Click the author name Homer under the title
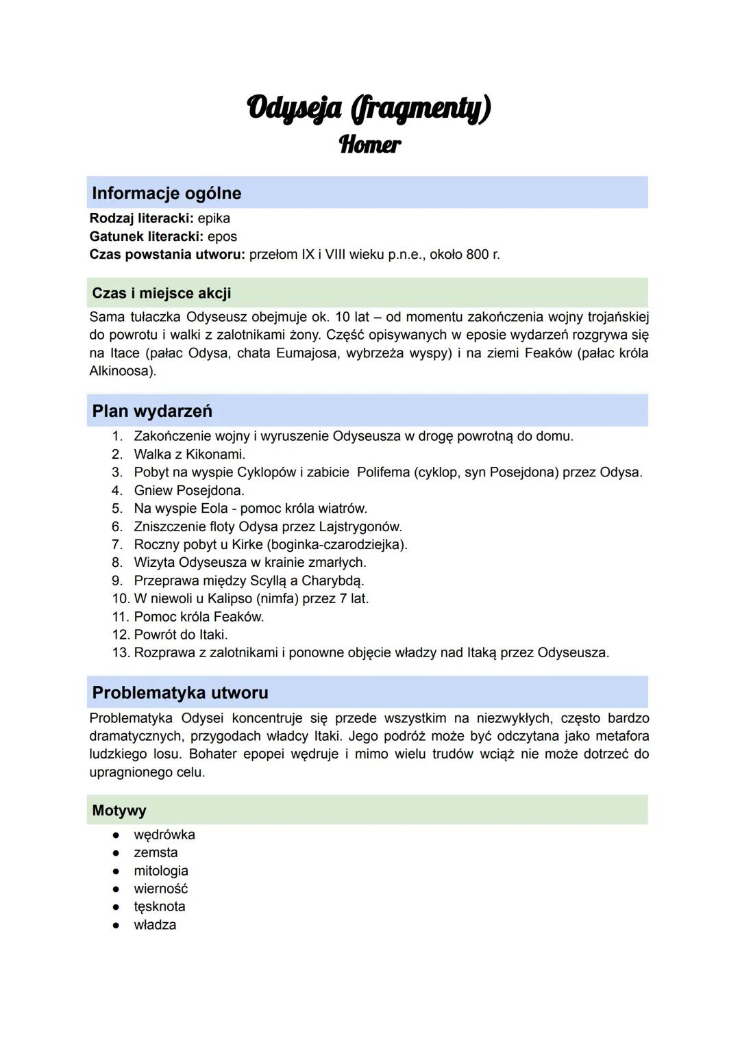[370, 144]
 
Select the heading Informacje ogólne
[166, 193]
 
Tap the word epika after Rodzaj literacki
[214, 218]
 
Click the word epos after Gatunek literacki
[222, 236]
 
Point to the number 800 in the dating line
[478, 254]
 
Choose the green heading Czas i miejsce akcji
[161, 293]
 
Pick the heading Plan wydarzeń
[152, 411]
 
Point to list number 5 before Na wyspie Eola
[117, 508]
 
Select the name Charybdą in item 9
[332, 581]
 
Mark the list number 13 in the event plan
[121, 652]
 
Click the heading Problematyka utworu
[180, 692]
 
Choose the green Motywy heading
[119, 811]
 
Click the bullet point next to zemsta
[116, 853]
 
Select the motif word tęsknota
[160, 906]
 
